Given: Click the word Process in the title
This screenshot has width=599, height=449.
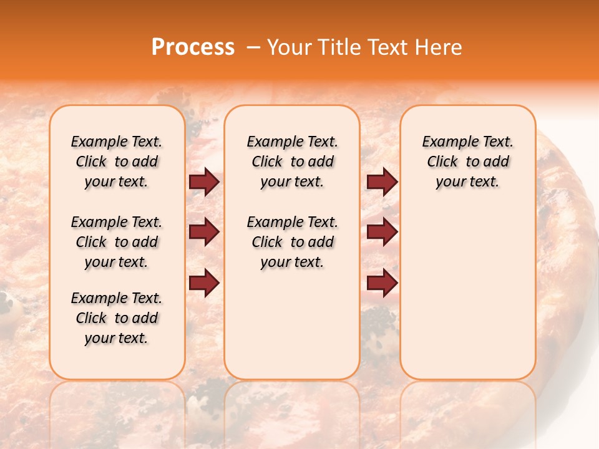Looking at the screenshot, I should tap(193, 47).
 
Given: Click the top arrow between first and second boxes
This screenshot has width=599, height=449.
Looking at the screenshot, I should tap(204, 182).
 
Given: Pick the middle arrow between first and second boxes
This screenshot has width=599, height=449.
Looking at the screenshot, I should tap(204, 233).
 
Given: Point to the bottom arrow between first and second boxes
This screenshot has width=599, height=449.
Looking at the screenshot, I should tap(204, 283).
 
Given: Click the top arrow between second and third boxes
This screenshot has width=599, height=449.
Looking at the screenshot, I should tap(382, 182).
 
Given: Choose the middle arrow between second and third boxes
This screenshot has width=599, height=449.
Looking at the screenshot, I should tap(382, 233).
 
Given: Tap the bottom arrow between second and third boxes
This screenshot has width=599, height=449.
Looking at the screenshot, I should tap(382, 283).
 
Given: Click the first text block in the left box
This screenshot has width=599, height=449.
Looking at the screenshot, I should tap(117, 162).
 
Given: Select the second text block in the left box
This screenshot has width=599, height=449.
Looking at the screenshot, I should tap(117, 242).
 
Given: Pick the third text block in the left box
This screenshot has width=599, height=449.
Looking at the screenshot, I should tap(117, 318).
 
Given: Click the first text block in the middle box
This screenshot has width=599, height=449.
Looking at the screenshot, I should tap(293, 162).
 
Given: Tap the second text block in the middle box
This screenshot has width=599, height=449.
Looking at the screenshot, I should tap(293, 242).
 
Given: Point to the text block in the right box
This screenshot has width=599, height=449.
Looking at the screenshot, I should tap(468, 162).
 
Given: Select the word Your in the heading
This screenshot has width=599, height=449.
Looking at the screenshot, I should tap(290, 47).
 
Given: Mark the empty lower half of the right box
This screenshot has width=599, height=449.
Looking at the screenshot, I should tap(468, 293).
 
